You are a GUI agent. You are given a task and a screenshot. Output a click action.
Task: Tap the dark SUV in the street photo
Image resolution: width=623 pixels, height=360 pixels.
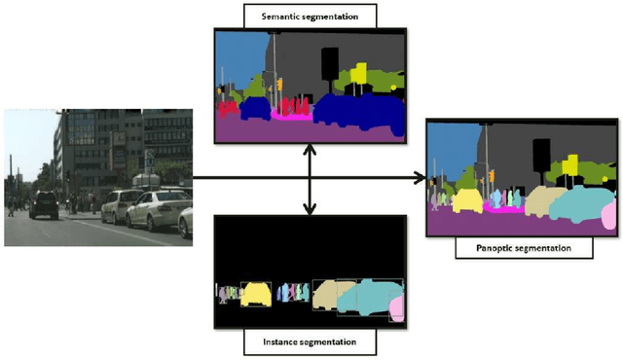click(44, 204)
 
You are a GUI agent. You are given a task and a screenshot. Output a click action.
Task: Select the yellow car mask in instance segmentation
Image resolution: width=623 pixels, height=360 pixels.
click(256, 293)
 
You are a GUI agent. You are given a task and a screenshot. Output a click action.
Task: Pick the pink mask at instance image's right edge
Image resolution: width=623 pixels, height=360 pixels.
click(397, 308)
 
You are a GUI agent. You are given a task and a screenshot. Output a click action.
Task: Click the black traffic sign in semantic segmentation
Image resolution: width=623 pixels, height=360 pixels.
click(330, 61)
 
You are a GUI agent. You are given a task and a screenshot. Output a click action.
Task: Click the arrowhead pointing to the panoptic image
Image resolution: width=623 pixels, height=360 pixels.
click(421, 178)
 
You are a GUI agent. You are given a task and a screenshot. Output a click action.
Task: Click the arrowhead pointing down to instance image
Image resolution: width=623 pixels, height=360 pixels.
click(310, 207)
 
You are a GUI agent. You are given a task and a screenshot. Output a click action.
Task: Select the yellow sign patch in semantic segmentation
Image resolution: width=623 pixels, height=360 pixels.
click(358, 73)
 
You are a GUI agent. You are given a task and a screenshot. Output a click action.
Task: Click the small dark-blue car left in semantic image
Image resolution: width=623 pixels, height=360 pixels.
click(255, 106)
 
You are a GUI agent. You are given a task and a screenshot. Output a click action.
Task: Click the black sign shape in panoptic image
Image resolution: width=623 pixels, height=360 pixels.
click(541, 153)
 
